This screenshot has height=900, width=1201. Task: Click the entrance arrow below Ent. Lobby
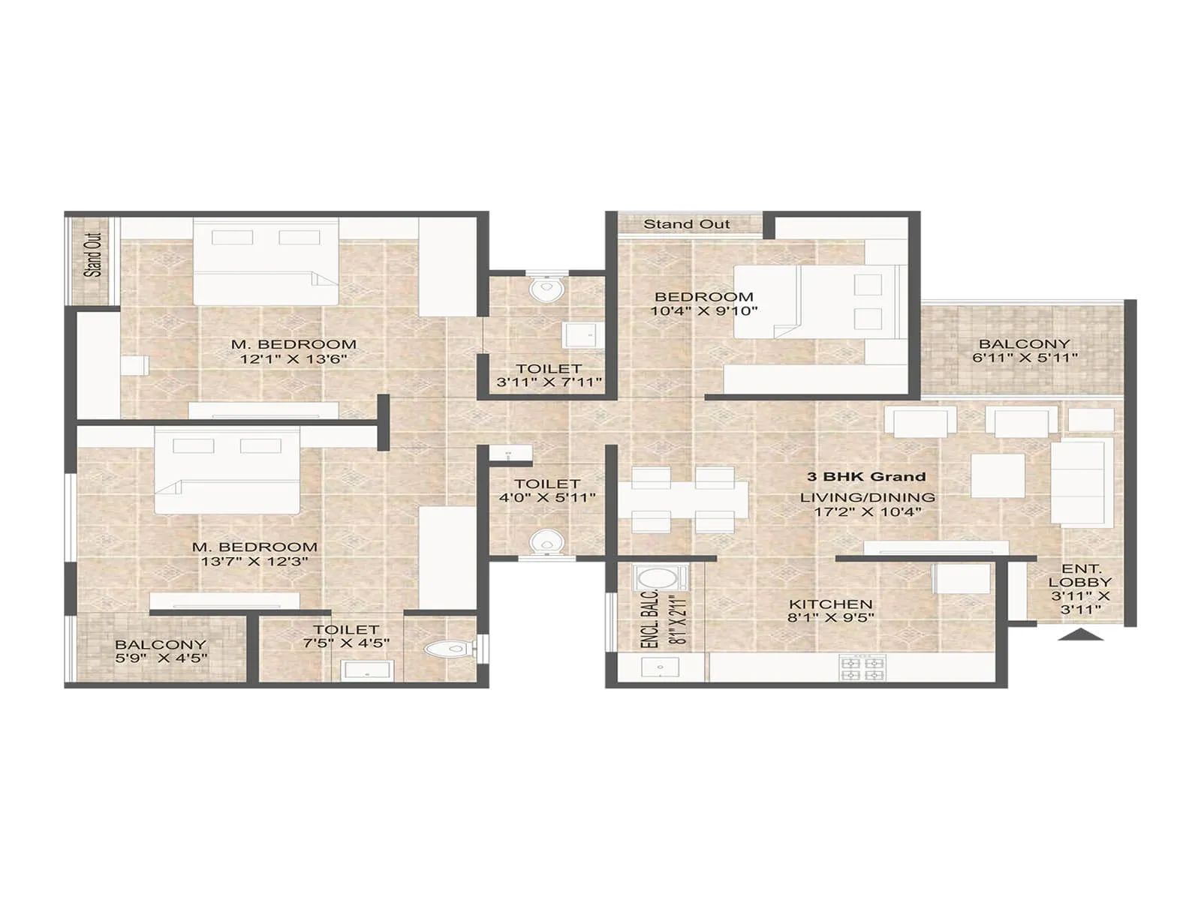tap(1081, 635)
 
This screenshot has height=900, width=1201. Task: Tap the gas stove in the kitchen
tap(862, 668)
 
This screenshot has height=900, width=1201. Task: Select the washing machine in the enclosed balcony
tap(661, 579)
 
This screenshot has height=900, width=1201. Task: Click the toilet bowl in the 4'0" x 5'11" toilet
tap(546, 541)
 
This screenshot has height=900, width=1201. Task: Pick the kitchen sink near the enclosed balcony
tap(660, 667)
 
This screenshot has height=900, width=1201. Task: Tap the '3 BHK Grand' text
tap(866, 476)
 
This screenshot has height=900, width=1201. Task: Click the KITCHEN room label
tap(830, 604)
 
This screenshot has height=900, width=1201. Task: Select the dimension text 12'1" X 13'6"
tap(293, 359)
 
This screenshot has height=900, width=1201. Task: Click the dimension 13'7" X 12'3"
tap(254, 562)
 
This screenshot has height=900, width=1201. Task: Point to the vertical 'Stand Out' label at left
tap(93, 255)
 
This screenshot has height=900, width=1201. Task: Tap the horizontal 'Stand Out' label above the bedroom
tap(686, 224)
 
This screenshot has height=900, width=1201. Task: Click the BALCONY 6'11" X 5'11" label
tap(1025, 351)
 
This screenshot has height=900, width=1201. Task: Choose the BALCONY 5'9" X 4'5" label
tap(161, 651)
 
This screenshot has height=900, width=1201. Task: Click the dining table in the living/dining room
tap(683, 500)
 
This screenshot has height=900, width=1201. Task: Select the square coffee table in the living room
tap(998, 475)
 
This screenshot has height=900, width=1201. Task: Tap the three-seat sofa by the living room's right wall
tap(1082, 483)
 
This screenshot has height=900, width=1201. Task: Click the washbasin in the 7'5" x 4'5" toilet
tap(366, 670)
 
